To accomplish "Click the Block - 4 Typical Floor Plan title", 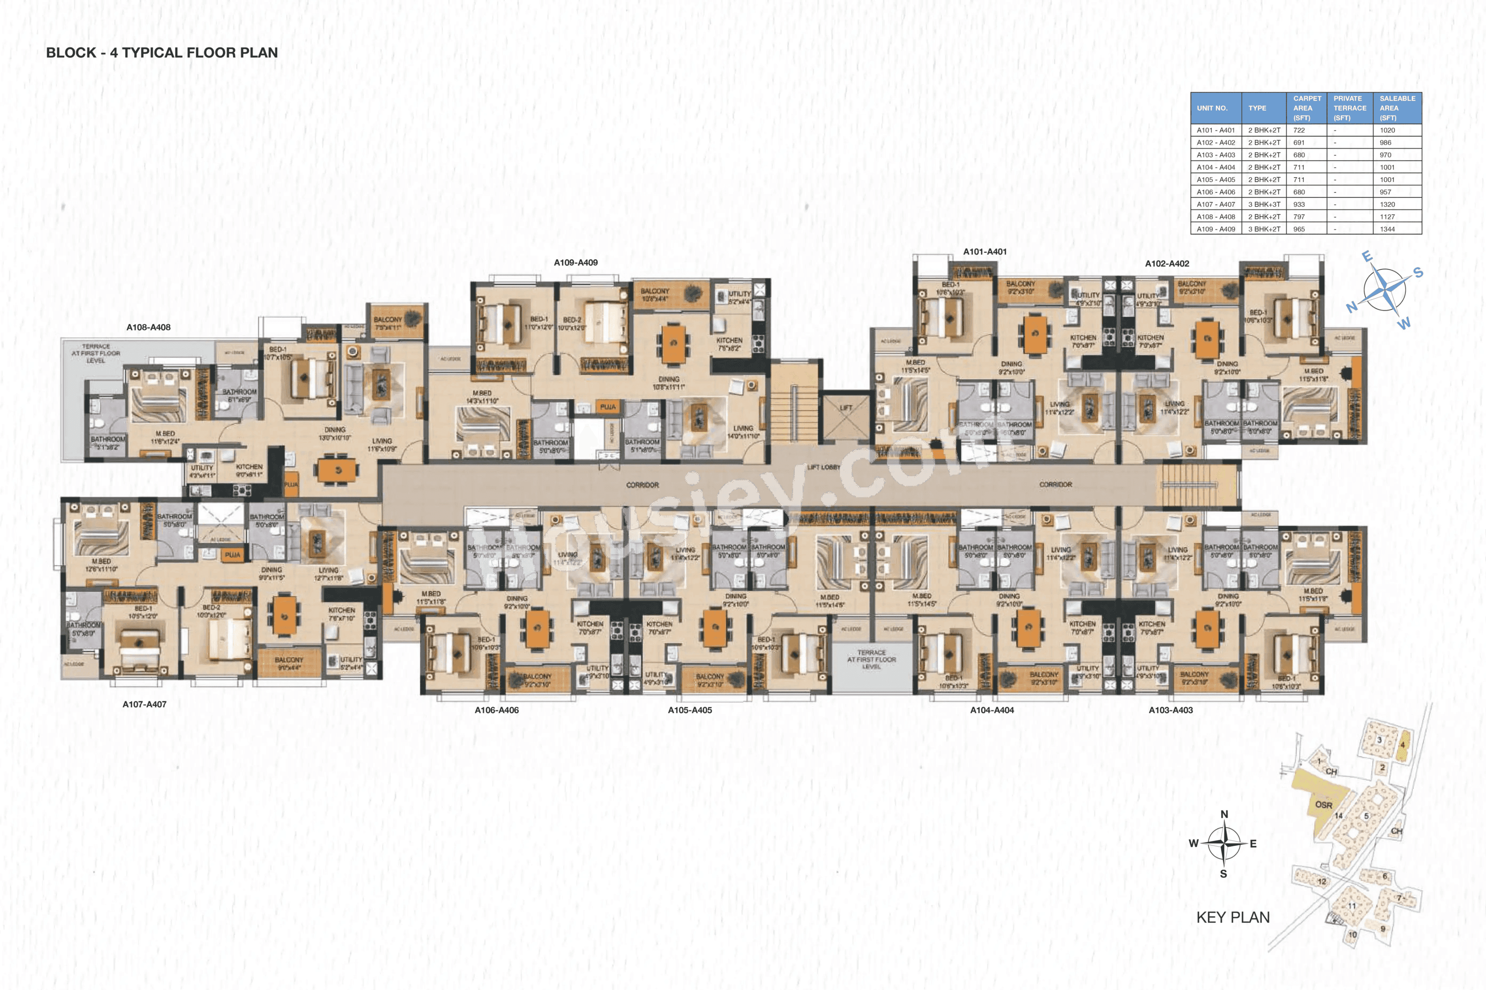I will [x=162, y=52].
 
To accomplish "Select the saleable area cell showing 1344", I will [x=1387, y=229].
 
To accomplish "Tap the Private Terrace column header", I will [x=1349, y=108].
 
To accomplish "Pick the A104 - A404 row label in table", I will [x=1215, y=167].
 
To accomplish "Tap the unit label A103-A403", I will [x=1170, y=710].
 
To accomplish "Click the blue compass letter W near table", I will [x=1403, y=324].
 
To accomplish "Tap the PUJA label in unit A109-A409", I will [x=608, y=407].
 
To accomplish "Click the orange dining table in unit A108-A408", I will [x=338, y=470].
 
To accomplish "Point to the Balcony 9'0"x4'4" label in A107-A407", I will [x=289, y=663].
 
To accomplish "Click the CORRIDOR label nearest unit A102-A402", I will [x=1055, y=484].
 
